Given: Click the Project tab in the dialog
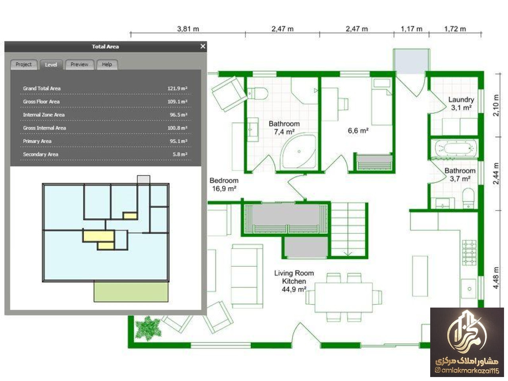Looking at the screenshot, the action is [23, 65].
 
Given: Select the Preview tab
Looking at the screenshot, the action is [79, 65].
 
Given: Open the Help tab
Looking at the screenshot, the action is [107, 65].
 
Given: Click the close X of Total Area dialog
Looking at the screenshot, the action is [203, 46].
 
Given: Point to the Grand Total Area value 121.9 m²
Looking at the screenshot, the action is [177, 89].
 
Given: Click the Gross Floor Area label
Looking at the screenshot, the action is [41, 102].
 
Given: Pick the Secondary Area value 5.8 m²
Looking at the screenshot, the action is [180, 154].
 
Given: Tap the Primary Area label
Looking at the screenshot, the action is [37, 141].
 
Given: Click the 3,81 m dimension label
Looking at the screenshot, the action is [188, 29].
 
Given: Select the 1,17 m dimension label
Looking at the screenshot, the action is [412, 29].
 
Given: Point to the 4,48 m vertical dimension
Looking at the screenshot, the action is [496, 278].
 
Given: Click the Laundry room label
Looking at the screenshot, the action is [461, 104].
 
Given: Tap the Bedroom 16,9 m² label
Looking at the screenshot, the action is [224, 185].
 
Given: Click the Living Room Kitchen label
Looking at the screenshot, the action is [294, 281].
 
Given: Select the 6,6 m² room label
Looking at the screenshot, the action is [358, 131].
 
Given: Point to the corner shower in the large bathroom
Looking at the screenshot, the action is [298, 152].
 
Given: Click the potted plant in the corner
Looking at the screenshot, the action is [148, 329].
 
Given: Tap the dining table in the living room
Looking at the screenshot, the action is [344, 298].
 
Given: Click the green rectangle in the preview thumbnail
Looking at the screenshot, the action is [131, 292].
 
